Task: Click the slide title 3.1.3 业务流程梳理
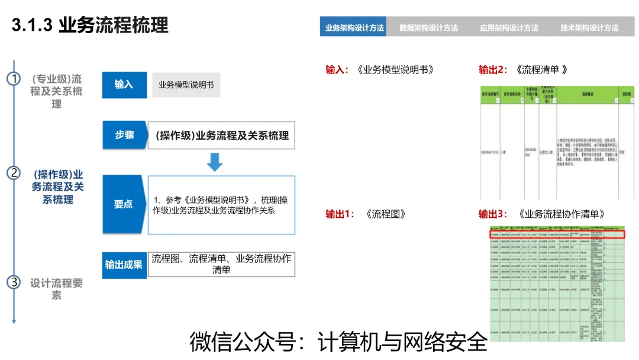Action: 90,25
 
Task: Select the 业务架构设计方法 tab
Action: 354,27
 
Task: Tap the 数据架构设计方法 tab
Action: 428,27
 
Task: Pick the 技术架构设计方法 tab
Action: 589,27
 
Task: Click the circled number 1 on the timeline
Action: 14,79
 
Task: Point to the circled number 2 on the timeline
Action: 14,173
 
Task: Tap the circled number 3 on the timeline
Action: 14,282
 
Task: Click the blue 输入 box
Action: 124,85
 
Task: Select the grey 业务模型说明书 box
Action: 186,85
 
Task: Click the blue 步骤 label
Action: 124,135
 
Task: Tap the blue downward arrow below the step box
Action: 214,162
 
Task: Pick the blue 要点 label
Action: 124,204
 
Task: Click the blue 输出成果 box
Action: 124,264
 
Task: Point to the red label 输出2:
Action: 493,69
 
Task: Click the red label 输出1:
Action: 340,214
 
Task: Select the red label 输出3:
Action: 493,214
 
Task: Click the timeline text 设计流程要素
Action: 56,288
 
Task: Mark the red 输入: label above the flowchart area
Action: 338,69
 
